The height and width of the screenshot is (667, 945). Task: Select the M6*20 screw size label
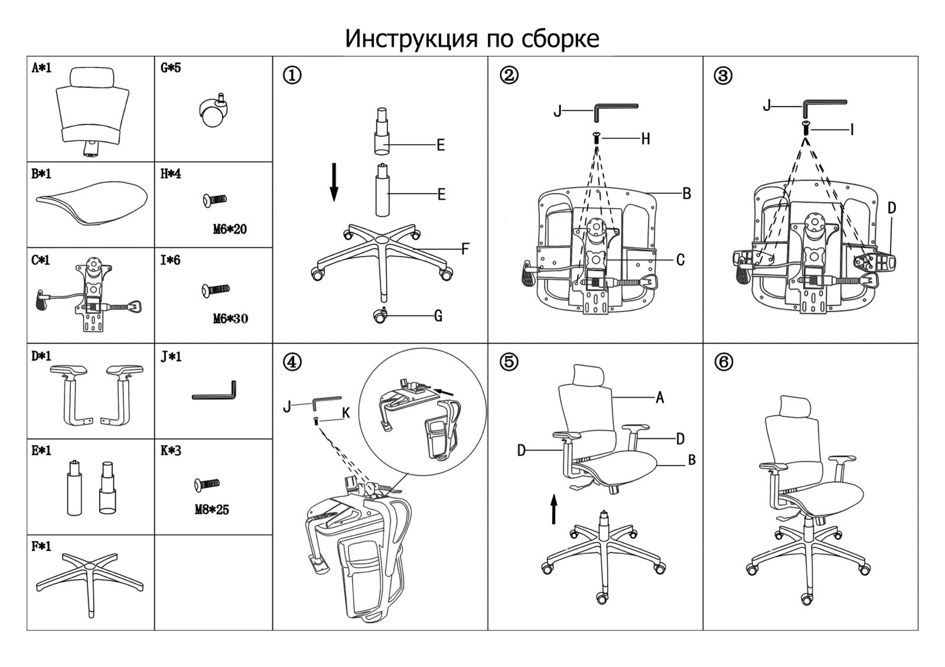click(230, 229)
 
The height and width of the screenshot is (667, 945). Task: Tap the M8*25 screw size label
click(211, 509)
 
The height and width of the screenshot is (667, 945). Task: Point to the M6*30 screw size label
click(230, 319)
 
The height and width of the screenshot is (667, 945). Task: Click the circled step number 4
click(292, 361)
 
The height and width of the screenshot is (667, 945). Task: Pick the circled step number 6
click(724, 361)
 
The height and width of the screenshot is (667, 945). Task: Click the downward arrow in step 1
click(334, 182)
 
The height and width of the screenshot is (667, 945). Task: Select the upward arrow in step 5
click(553, 509)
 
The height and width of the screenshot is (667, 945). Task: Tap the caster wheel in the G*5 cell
click(213, 112)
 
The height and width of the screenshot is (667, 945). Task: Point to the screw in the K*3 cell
click(207, 485)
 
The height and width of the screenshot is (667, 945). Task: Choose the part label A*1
click(41, 68)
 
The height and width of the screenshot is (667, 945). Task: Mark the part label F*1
click(41, 547)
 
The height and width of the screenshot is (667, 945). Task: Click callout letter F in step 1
click(465, 249)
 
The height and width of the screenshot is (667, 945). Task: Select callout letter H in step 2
click(646, 139)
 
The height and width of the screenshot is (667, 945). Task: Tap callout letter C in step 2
click(680, 260)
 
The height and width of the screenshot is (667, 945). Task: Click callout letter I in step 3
click(852, 129)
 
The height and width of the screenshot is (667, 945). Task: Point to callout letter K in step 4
click(346, 413)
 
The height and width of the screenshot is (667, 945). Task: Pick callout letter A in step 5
click(660, 398)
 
